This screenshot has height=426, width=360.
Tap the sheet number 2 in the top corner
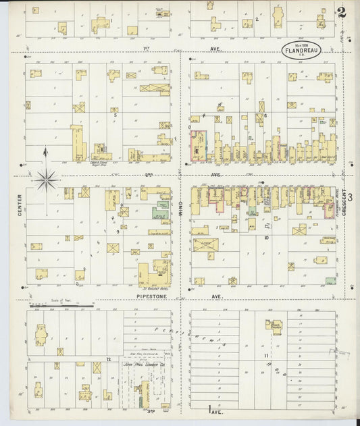point(342,12)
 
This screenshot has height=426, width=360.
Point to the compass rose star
point(46,179)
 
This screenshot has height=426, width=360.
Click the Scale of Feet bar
point(68,305)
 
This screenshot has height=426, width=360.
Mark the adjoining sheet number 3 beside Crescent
point(351,196)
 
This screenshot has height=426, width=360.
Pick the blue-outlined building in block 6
point(199,146)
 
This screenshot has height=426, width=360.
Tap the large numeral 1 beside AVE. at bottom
point(203,409)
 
